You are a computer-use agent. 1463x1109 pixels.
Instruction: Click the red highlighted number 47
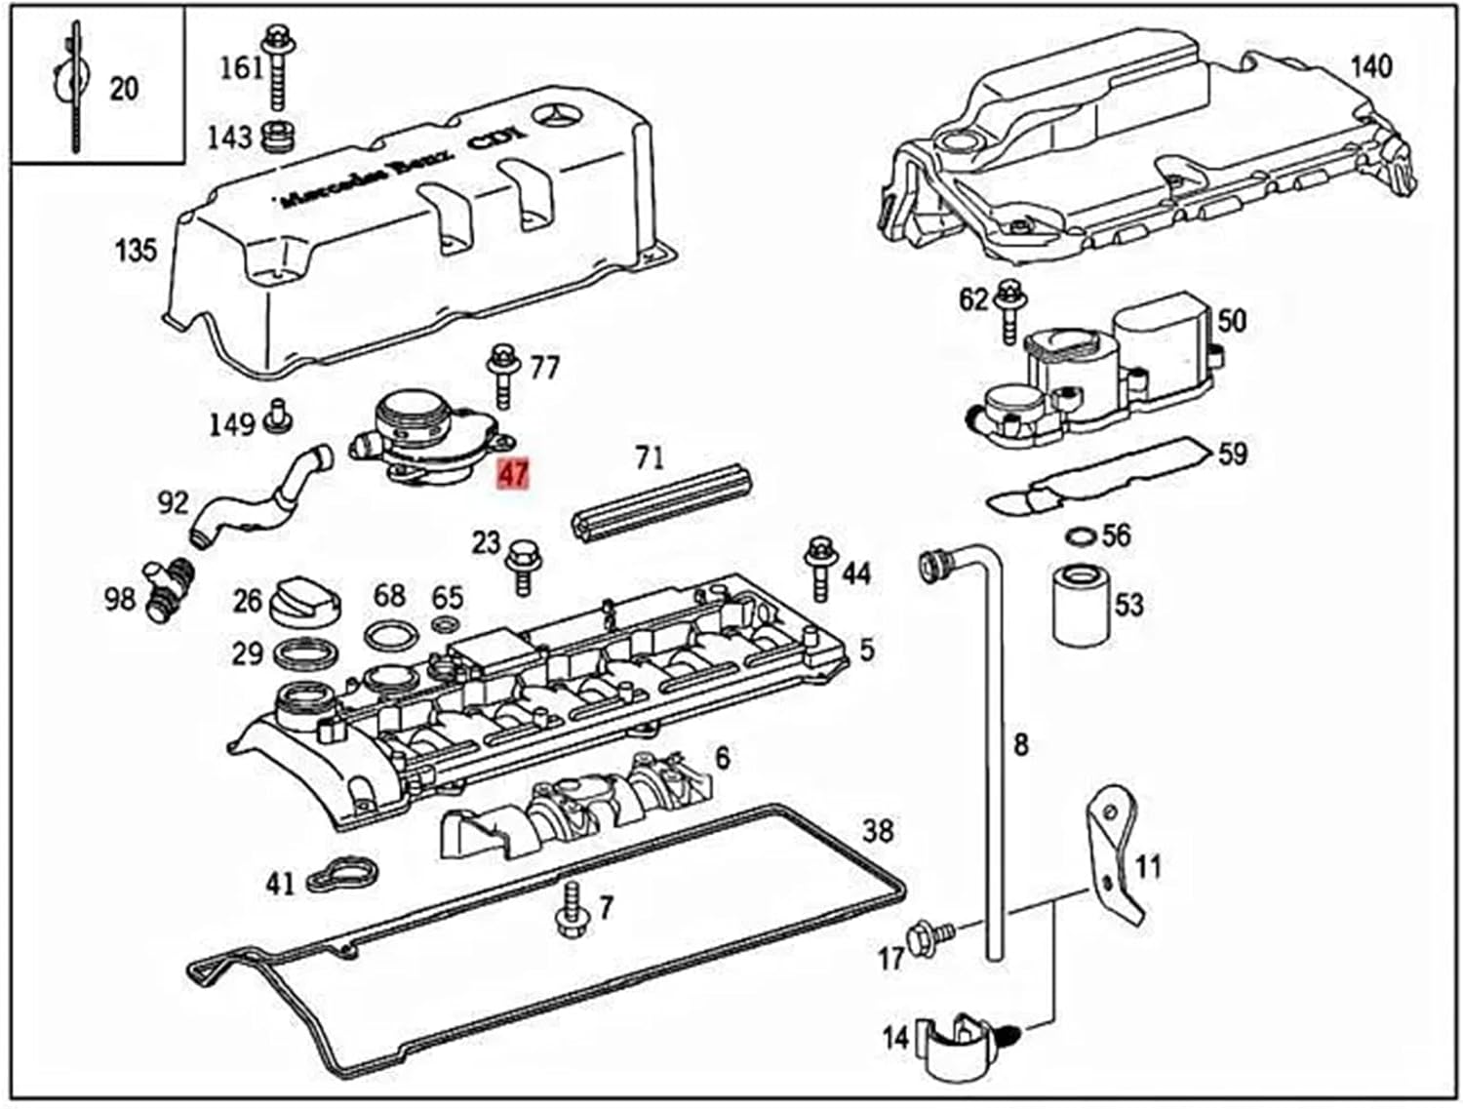tap(513, 475)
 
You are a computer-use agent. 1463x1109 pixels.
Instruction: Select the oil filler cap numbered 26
tap(308, 602)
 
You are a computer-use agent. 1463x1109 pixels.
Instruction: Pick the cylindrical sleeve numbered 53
tap(1082, 605)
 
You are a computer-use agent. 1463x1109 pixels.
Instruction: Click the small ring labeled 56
tap(1080, 535)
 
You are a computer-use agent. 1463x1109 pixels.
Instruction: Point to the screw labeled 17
tap(923, 937)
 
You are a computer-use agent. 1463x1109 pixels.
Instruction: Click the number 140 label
tap(1370, 67)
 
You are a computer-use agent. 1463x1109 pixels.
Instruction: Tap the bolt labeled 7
tap(570, 909)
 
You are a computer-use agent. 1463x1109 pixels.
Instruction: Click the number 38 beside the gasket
tap(878, 831)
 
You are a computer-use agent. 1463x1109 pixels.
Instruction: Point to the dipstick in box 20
tap(73, 88)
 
